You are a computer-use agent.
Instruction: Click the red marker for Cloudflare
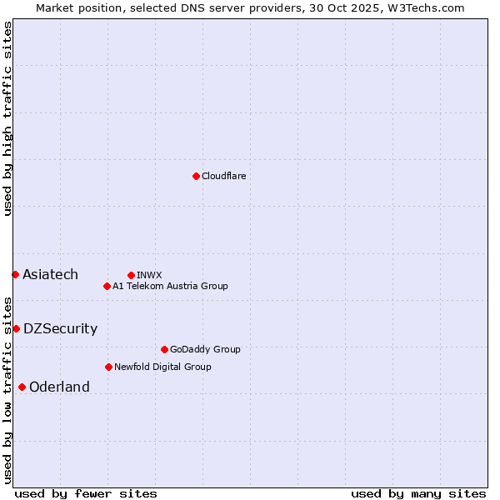click(196, 176)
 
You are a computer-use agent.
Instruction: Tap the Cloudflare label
click(223, 176)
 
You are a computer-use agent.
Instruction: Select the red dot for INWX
click(131, 275)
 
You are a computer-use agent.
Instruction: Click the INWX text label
click(149, 275)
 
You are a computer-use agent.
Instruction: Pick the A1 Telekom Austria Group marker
click(107, 286)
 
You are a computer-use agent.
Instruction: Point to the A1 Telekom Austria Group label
click(170, 286)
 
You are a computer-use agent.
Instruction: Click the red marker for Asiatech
click(15, 274)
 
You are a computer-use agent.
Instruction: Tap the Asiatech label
click(50, 274)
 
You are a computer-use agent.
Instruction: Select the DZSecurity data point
click(16, 328)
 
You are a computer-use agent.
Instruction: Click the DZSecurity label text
click(60, 328)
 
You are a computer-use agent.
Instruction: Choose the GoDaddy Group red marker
click(164, 349)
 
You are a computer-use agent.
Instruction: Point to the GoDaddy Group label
click(205, 349)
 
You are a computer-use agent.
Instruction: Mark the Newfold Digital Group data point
click(108, 367)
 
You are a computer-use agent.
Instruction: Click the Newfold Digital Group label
click(162, 367)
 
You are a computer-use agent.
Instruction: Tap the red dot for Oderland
click(22, 387)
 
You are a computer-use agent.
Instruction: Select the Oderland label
click(59, 387)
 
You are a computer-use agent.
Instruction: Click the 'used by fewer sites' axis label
click(86, 493)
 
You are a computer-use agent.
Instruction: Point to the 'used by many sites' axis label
click(418, 493)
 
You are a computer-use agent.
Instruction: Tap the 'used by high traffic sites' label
click(7, 118)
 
